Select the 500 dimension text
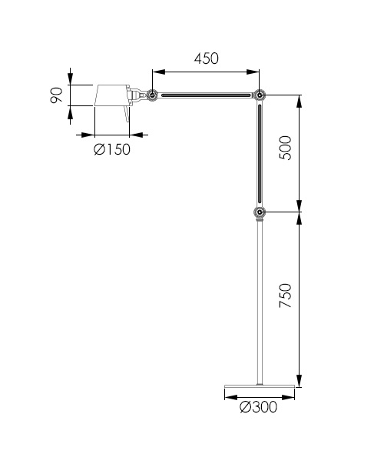[286, 147]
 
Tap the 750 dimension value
[286, 295]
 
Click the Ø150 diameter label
[112, 149]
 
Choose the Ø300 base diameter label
[259, 407]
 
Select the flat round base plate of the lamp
[260, 385]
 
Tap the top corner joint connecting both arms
[260, 95]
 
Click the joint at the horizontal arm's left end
[153, 95]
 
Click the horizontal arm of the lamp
[207, 95]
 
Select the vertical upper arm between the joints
[260, 154]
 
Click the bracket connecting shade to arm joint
[137, 95]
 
